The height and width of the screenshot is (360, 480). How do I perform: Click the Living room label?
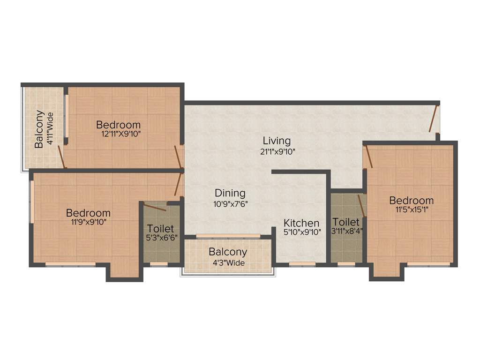(277, 141)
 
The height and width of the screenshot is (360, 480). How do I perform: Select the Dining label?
(230, 193)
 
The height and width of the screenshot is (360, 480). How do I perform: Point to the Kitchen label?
(301, 223)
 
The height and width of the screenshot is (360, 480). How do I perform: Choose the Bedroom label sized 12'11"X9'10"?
(118, 125)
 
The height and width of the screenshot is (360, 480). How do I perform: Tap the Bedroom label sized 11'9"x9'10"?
(88, 213)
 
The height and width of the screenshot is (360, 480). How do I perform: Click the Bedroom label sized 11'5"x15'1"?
(411, 201)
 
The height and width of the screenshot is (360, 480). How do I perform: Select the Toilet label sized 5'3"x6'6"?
(160, 229)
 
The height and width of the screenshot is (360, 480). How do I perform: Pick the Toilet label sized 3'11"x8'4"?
(346, 222)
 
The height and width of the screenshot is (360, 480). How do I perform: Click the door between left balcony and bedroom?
(61, 157)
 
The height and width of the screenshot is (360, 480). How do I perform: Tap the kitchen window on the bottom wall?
(302, 264)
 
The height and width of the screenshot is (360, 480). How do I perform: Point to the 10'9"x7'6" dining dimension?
(230, 204)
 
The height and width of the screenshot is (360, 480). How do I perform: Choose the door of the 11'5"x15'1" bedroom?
(369, 157)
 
